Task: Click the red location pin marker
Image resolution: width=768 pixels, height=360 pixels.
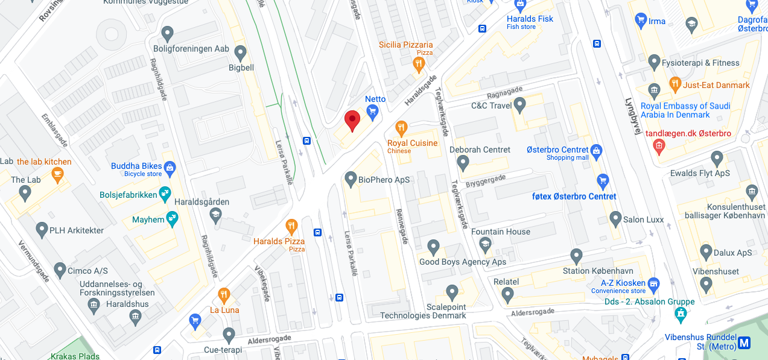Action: pos(352,120)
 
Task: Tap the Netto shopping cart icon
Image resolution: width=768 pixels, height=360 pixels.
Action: pos(373,111)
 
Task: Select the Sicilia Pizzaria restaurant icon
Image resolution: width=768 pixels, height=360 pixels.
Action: pos(419,63)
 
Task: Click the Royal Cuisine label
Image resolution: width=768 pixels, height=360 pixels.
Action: pos(412,144)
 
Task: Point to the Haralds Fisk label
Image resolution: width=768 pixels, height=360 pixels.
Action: pos(530,19)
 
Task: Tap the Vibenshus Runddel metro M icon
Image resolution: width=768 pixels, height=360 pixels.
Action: pos(744,343)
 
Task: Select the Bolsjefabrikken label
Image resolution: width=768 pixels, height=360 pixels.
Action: pos(129,195)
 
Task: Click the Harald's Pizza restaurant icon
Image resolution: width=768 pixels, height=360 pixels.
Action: pos(291,226)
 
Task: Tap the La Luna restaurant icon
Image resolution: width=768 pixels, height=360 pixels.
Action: pos(224,295)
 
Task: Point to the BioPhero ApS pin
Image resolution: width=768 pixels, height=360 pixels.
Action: pos(351,178)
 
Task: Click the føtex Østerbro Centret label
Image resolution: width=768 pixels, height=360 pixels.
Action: pos(574,197)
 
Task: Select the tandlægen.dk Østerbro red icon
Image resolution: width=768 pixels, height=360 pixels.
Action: pos(659,145)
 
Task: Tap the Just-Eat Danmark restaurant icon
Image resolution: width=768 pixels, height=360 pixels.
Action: pos(675,83)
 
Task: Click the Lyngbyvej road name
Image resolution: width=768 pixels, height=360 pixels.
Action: pos(632,115)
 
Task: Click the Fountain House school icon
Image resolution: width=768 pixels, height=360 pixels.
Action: pos(484,244)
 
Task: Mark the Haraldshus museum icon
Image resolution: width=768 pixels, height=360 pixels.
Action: pos(136,315)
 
